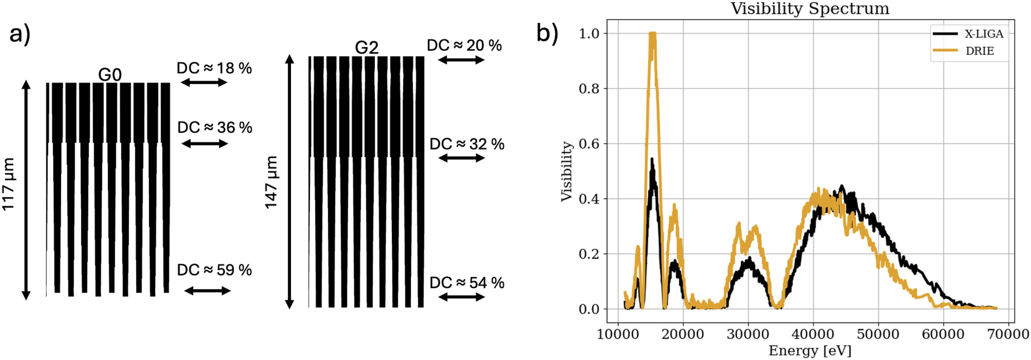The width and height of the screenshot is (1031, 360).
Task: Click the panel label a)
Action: pyautogui.click(x=20, y=34)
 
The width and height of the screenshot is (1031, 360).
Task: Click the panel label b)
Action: pyautogui.click(x=547, y=33)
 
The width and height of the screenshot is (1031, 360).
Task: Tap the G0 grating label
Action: pyautogui.click(x=110, y=75)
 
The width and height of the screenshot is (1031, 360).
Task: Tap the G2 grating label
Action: pyautogui.click(x=366, y=48)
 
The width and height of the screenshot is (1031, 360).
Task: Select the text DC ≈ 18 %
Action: pyautogui.click(x=214, y=69)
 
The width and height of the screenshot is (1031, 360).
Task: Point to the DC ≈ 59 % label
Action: pyautogui.click(x=214, y=270)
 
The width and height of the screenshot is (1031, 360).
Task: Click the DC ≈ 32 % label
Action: pyautogui.click(x=467, y=144)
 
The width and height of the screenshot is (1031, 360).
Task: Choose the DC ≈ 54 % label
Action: pyautogui.click(x=467, y=283)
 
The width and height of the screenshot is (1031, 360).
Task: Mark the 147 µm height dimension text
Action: pyautogui.click(x=271, y=182)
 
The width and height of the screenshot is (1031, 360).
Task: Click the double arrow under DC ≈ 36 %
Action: pyautogui.click(x=205, y=144)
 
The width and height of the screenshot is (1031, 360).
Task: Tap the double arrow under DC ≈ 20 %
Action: pyautogui.click(x=461, y=60)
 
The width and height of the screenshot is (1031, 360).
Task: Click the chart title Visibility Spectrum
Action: pyautogui.click(x=810, y=9)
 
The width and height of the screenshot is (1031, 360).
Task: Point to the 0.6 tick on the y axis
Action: pyautogui.click(x=589, y=144)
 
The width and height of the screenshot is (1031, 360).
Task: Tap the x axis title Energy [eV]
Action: pyautogui.click(x=810, y=351)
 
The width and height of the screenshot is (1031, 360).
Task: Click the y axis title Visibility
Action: pyautogui.click(x=567, y=171)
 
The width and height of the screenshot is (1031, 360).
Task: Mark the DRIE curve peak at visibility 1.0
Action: pyautogui.click(x=652, y=34)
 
